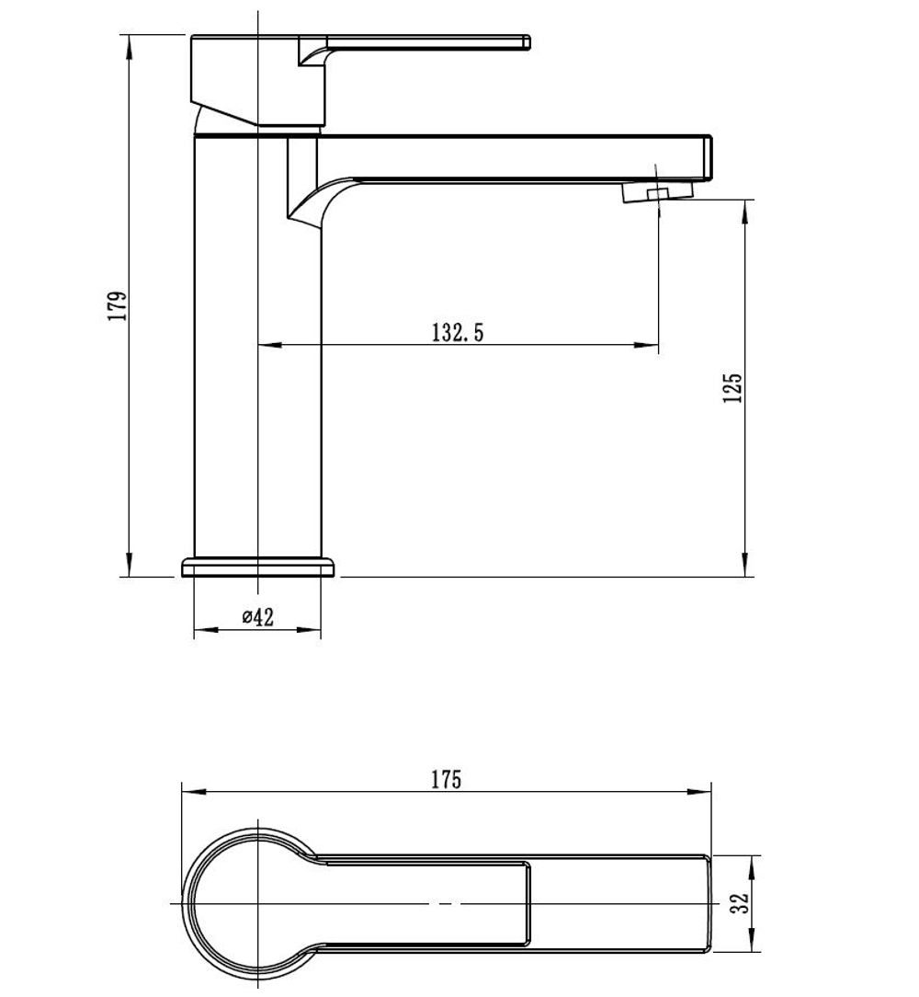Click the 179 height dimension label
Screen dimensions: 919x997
[x=117, y=306]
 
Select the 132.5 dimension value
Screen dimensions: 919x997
[x=458, y=333]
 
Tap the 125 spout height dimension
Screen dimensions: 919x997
[x=732, y=388]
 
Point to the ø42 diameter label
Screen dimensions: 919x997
[x=257, y=616]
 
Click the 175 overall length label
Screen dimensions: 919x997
[x=446, y=780]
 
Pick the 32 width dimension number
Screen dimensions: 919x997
[x=740, y=903]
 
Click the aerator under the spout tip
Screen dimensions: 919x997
[x=656, y=192]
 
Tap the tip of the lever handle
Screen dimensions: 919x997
[x=527, y=42]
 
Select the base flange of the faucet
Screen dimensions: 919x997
[x=257, y=567]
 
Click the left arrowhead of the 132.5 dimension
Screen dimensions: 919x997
[x=269, y=345]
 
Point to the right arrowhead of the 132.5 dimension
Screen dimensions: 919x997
[x=646, y=345]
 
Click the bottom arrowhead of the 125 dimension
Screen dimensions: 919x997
[x=745, y=565]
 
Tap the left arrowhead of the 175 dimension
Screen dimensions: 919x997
[x=194, y=792]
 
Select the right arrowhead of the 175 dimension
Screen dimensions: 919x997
[x=699, y=792]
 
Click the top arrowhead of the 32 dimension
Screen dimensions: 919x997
[x=753, y=867]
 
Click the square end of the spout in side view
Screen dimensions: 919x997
[x=708, y=157]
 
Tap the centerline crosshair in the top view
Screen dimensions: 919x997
[x=257, y=903]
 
